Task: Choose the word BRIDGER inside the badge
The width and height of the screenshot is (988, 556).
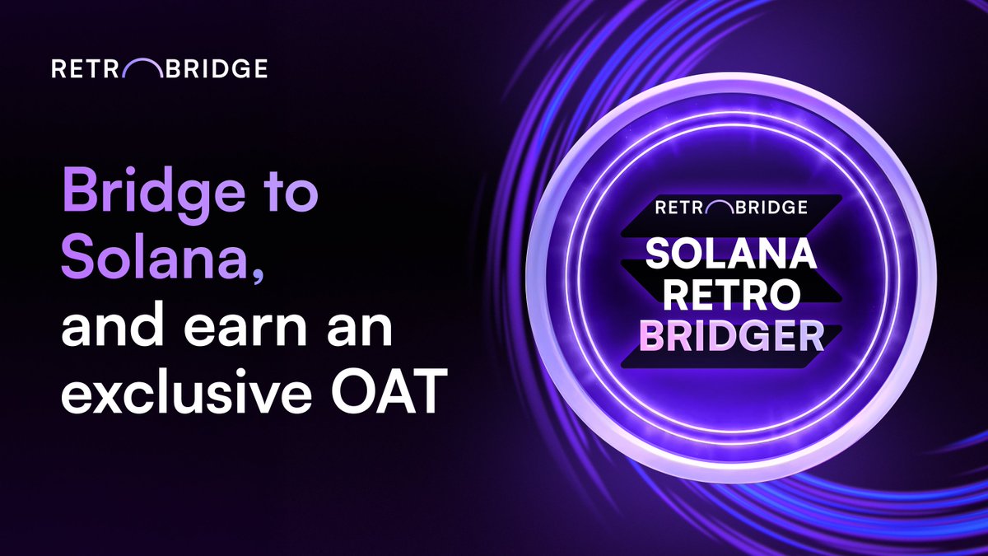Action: coord(730,334)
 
